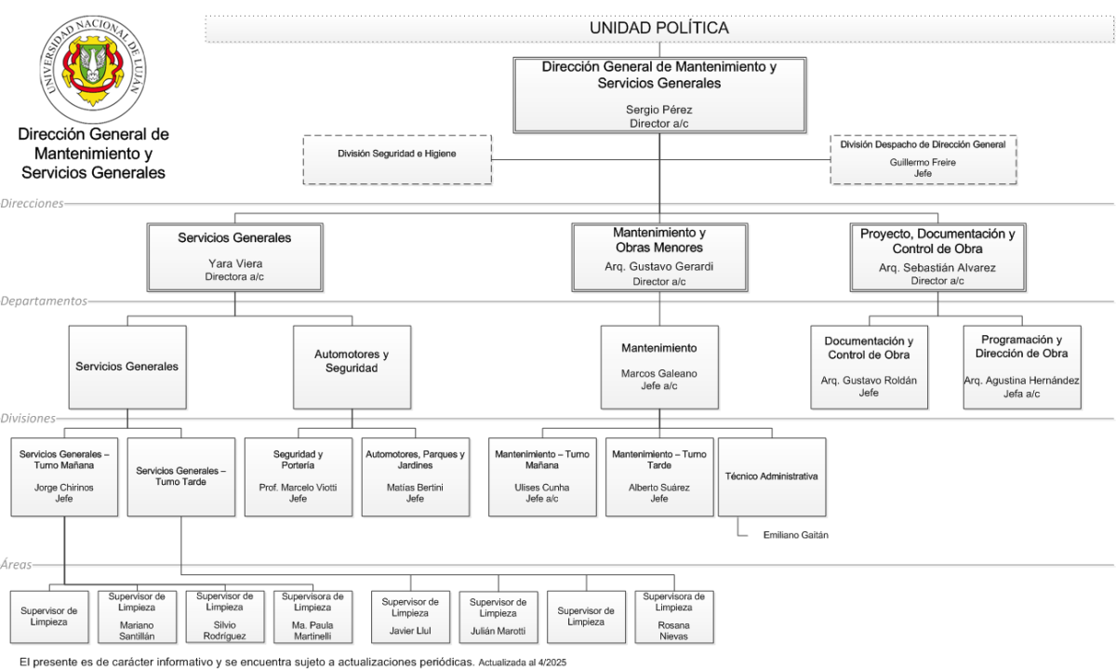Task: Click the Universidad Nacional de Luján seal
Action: [x=93, y=69]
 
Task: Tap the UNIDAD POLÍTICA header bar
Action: [x=659, y=29]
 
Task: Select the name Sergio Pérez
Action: [x=659, y=110]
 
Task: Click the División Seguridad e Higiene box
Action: [x=397, y=159]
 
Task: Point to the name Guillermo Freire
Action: [x=923, y=163]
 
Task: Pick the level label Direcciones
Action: [x=32, y=204]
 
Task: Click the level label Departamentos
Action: [x=44, y=301]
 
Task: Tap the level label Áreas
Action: [x=16, y=565]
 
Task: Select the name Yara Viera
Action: [x=235, y=263]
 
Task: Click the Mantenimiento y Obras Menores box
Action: [x=659, y=257]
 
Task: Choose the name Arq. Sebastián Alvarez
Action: [x=937, y=268]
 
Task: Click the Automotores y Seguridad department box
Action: [x=352, y=368]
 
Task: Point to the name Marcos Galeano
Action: [x=659, y=373]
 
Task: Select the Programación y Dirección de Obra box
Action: [x=1022, y=368]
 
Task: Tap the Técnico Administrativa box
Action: [x=772, y=477]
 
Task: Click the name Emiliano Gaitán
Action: [x=796, y=535]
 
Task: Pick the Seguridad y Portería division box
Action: [x=298, y=477]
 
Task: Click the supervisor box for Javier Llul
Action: [x=410, y=617]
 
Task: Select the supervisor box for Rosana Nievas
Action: [x=674, y=617]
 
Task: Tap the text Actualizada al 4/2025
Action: [x=522, y=663]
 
